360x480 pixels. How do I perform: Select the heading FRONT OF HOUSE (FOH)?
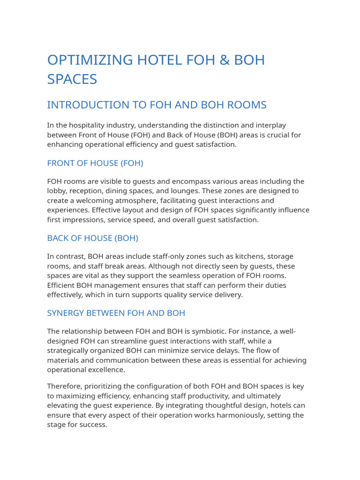coord(95,163)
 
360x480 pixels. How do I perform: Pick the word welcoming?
coord(97,201)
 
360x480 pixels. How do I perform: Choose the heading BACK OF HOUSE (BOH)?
coord(93,238)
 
